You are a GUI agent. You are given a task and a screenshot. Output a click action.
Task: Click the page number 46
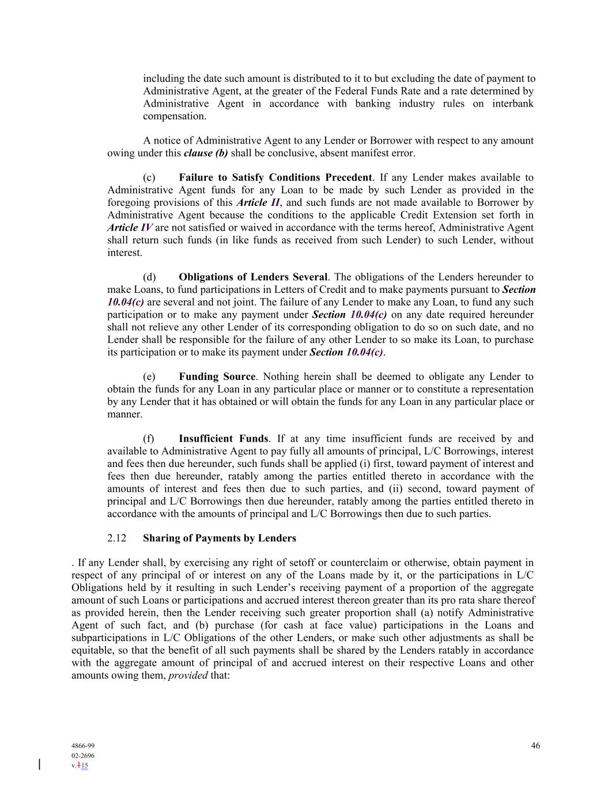(535, 745)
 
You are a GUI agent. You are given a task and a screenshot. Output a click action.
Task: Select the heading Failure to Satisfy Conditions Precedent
(275, 178)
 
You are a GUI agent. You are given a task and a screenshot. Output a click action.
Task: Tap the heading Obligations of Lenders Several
(253, 277)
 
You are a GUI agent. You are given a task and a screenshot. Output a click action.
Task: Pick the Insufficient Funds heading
(224, 439)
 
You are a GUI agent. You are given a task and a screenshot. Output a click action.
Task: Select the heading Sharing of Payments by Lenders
(220, 539)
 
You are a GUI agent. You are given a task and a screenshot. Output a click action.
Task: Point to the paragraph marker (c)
(149, 178)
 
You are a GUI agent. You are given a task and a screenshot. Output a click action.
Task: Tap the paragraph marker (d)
(149, 277)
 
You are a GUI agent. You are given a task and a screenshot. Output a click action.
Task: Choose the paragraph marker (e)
(149, 377)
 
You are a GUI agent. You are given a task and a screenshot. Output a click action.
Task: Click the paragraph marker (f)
(149, 439)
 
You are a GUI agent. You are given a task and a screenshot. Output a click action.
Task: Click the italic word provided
(188, 675)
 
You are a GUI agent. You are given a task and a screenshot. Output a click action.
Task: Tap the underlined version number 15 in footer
(84, 766)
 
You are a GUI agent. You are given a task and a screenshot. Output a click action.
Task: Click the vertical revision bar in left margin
(39, 765)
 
